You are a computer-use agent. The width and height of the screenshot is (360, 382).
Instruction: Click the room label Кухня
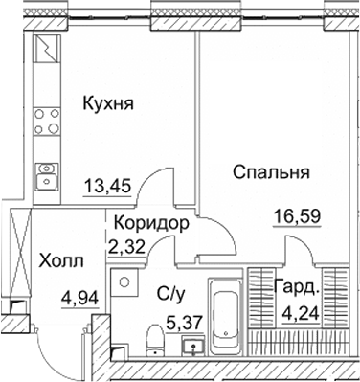107,102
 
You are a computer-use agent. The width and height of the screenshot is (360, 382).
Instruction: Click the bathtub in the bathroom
226,317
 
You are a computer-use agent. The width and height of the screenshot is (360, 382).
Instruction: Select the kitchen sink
46,175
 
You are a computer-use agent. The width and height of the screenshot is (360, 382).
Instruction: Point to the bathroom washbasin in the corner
122,281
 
